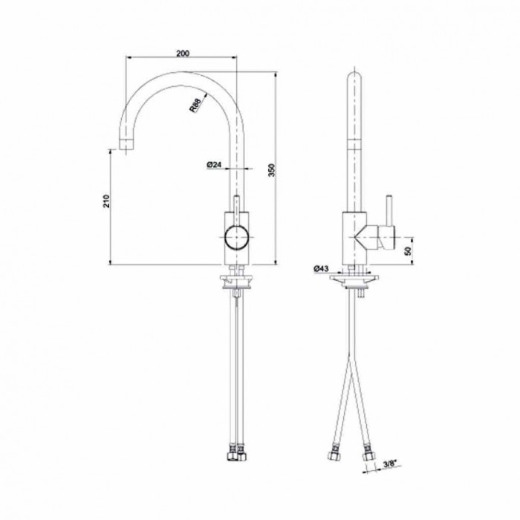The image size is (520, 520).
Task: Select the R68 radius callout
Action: (195, 105)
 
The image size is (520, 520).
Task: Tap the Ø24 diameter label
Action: (215, 166)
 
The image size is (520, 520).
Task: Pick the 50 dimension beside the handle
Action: (407, 251)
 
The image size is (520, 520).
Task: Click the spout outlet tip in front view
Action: (125, 142)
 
